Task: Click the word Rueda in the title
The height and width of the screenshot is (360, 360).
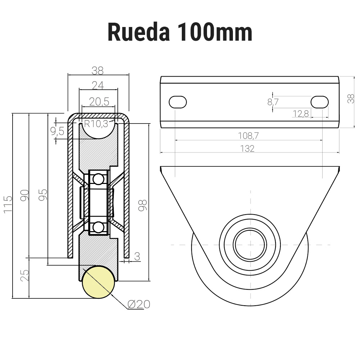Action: point(138,32)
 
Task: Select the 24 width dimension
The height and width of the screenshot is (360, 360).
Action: point(98,85)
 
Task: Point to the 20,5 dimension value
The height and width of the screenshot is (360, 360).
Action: point(99,102)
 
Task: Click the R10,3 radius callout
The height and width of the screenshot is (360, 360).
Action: point(96,124)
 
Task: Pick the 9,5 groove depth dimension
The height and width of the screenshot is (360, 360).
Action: point(57,131)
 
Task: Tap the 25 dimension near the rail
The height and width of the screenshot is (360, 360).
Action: point(24,275)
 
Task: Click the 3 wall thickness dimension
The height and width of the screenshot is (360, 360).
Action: point(137,256)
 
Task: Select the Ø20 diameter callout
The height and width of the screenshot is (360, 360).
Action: point(139,305)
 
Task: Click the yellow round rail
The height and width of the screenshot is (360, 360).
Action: point(98,282)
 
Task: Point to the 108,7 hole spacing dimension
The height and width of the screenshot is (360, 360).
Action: point(248,136)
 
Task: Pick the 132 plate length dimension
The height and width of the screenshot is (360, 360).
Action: point(247,148)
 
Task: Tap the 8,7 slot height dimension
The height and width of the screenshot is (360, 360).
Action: point(273,102)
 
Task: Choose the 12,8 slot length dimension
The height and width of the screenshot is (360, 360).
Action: point(301,114)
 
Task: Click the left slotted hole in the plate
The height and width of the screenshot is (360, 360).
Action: point(178,102)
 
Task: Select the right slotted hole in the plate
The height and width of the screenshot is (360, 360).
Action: point(319,102)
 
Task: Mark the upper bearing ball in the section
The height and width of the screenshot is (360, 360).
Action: point(98,179)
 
